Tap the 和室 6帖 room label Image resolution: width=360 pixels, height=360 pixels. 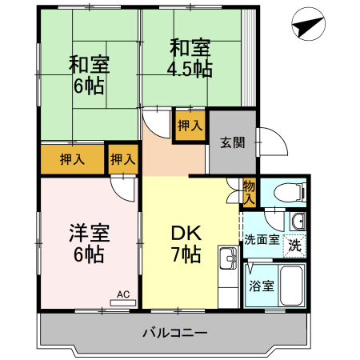click(x=88, y=74)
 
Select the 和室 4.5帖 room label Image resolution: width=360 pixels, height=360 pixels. click(x=189, y=57)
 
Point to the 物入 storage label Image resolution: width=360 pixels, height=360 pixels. click(x=249, y=191)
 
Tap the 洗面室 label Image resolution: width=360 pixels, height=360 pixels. click(x=262, y=238)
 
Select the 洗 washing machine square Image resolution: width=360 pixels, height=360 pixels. click(x=295, y=245)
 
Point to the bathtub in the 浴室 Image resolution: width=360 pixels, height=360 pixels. click(x=291, y=286)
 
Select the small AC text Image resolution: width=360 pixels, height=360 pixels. click(x=123, y=294)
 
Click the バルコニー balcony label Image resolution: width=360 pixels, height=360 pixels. click(x=175, y=333)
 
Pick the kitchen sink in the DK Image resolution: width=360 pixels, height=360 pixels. click(x=227, y=258)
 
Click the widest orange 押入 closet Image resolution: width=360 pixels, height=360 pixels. click(x=72, y=159)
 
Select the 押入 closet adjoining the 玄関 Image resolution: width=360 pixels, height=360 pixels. click(x=190, y=126)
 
